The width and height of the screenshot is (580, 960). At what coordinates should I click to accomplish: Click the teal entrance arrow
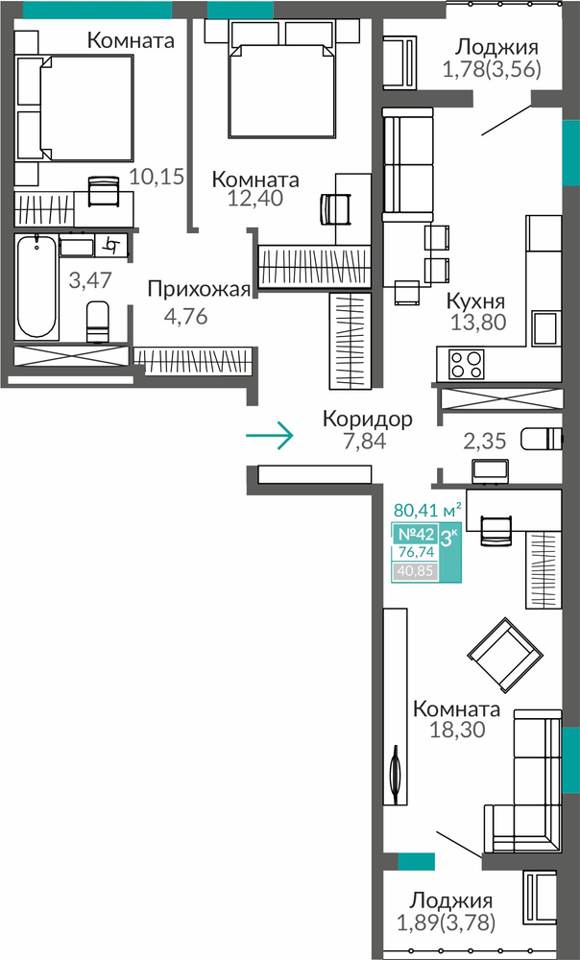(x=270, y=435)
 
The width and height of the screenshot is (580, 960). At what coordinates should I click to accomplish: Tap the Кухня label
(x=475, y=301)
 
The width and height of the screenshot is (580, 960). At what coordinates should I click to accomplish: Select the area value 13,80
(x=477, y=322)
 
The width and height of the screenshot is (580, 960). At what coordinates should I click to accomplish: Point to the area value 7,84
(x=365, y=441)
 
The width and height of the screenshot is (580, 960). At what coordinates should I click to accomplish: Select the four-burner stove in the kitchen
(x=467, y=364)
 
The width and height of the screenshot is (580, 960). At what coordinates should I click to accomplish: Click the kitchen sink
(x=546, y=328)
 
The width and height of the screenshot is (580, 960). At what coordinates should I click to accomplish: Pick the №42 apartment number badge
(x=414, y=534)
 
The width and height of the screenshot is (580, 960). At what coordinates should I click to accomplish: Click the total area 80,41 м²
(x=427, y=510)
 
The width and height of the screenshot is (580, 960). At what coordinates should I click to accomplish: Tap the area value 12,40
(x=255, y=199)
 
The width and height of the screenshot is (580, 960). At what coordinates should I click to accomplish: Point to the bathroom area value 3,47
(x=90, y=280)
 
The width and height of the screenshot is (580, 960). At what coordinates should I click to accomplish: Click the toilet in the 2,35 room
(x=541, y=439)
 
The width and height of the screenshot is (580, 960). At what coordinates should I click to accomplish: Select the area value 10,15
(x=157, y=177)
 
